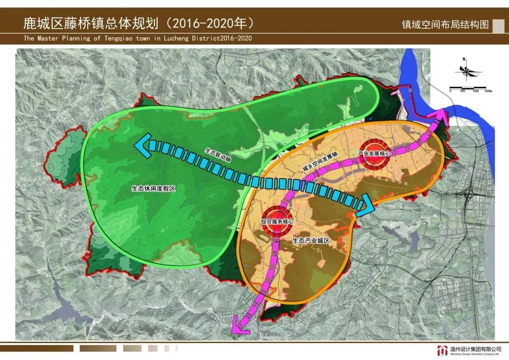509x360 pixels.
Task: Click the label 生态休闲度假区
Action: [154, 188]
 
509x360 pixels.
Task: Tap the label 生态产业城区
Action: [310, 240]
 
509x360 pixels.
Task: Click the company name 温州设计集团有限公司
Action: [474, 349]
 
